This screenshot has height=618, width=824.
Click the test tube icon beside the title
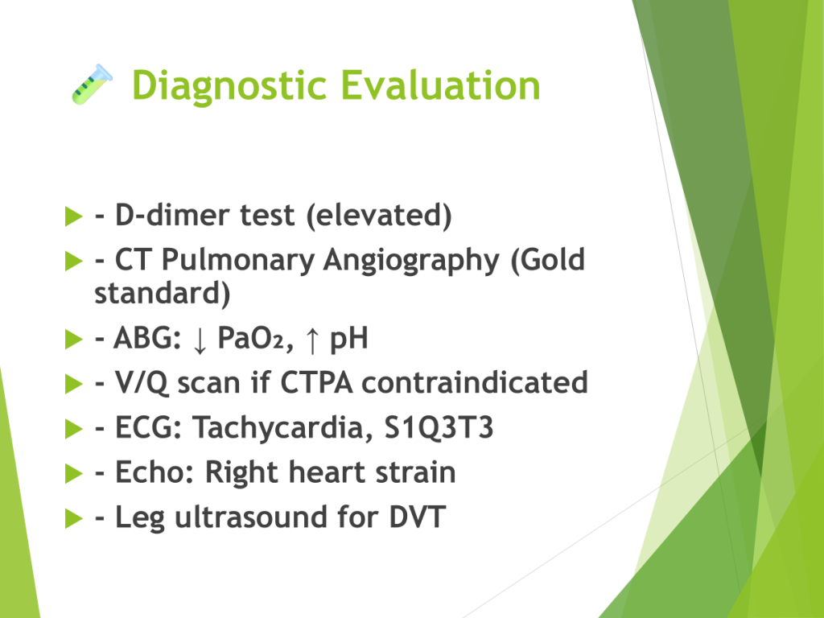pos(92,84)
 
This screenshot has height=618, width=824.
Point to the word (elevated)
pos(379,216)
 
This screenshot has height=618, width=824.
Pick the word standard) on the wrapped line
pos(163,293)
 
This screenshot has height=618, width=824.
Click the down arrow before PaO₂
pos(200,340)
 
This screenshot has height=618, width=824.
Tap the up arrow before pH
pos(312,340)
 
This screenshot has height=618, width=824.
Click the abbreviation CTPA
pos(316,382)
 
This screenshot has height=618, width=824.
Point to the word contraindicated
pos(475,382)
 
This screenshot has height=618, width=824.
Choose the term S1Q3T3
pos(439,427)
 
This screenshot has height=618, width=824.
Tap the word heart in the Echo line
pos(328,472)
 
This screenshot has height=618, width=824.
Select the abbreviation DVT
pos(418,517)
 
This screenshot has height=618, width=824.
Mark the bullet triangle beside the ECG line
pos(73,428)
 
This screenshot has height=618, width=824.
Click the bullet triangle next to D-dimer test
pos(73,216)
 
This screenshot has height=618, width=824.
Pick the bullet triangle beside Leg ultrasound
pos(73,518)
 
